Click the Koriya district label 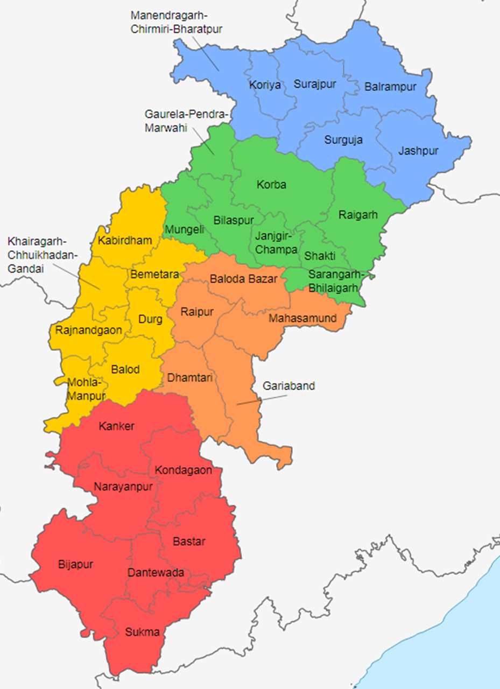click(265, 85)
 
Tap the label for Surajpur click(314, 84)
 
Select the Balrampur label click(390, 87)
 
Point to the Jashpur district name click(418, 151)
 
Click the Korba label click(271, 185)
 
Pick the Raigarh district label click(357, 215)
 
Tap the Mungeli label click(184, 230)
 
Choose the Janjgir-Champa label click(276, 243)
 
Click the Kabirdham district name click(125, 240)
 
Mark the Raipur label click(197, 312)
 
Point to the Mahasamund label click(302, 318)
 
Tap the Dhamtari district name click(189, 377)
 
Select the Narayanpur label click(123, 487)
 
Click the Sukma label click(142, 632)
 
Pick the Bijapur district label click(75, 565)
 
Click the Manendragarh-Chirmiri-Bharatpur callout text click(176, 22)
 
